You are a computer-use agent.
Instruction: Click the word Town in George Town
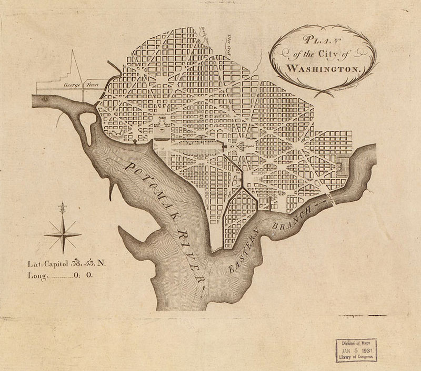92,83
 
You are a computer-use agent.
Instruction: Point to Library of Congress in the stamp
357,357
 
